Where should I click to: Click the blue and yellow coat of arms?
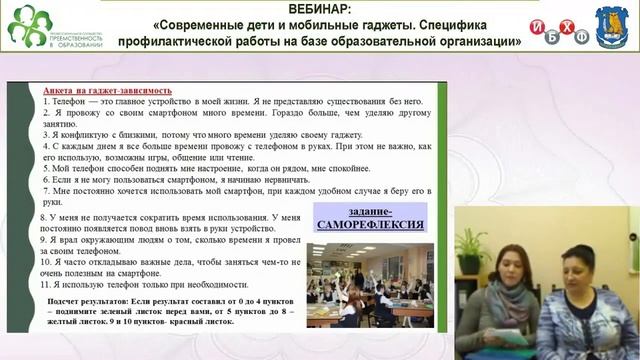pyautogui.click(x=612, y=26)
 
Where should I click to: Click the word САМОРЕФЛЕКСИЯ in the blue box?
pyautogui.click(x=368, y=225)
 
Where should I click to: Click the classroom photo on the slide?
pyautogui.click(x=371, y=283)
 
